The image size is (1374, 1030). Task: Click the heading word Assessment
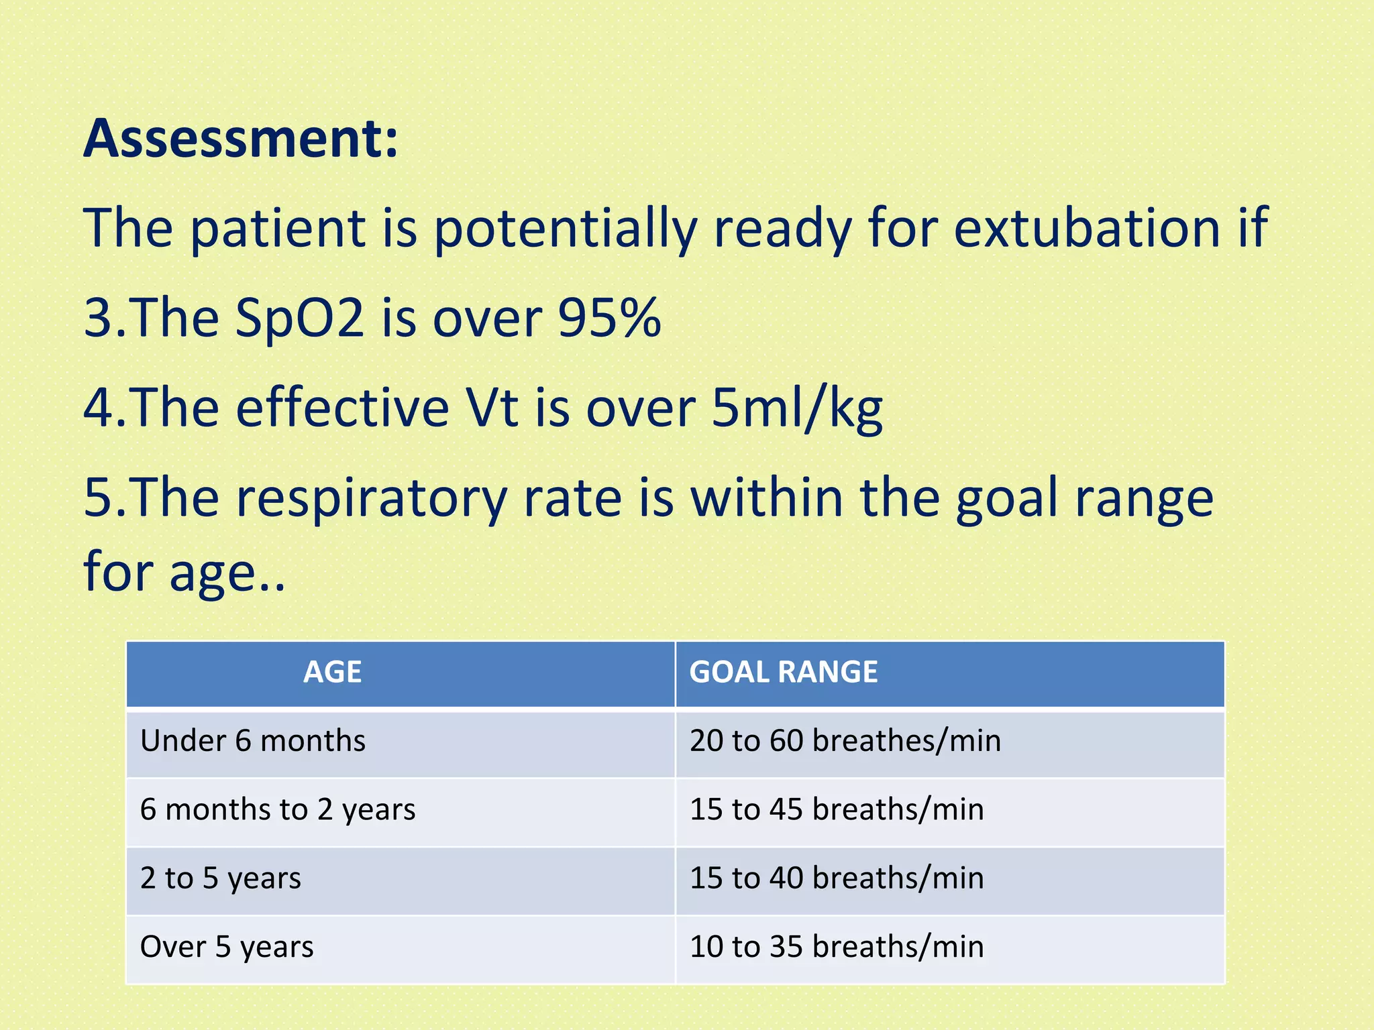[240, 138]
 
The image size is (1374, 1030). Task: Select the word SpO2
[300, 319]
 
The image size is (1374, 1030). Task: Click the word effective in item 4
[342, 408]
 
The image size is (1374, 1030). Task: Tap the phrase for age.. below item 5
[184, 572]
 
